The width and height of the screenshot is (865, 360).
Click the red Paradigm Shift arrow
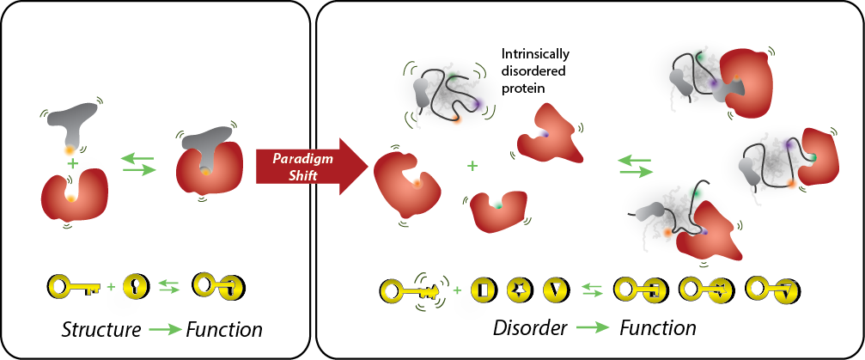301,165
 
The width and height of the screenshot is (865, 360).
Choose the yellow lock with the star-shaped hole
521,290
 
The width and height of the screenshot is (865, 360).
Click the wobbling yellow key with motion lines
411,290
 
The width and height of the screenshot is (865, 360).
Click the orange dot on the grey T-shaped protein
69,150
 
